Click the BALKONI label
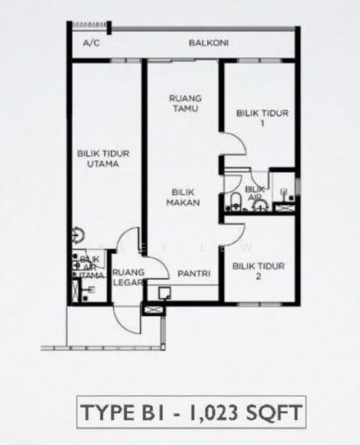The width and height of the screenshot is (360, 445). (x=209, y=43)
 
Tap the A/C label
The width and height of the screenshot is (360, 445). (x=91, y=43)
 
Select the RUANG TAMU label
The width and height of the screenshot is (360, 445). (x=186, y=103)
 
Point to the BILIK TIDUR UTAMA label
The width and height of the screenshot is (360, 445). (x=103, y=159)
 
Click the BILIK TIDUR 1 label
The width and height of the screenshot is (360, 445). (x=262, y=118)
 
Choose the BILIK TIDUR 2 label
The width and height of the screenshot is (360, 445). (x=258, y=271)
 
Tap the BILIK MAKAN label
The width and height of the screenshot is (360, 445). (x=183, y=197)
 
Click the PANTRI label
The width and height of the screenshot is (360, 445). (x=194, y=273)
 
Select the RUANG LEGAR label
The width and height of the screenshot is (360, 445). (x=128, y=277)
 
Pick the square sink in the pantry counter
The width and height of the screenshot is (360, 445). (x=165, y=293)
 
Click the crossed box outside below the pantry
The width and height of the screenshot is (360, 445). (x=153, y=311)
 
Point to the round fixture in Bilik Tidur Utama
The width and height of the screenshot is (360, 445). (x=77, y=235)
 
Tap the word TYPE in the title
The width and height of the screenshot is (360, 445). (x=108, y=412)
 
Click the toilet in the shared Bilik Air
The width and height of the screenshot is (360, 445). (x=235, y=201)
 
